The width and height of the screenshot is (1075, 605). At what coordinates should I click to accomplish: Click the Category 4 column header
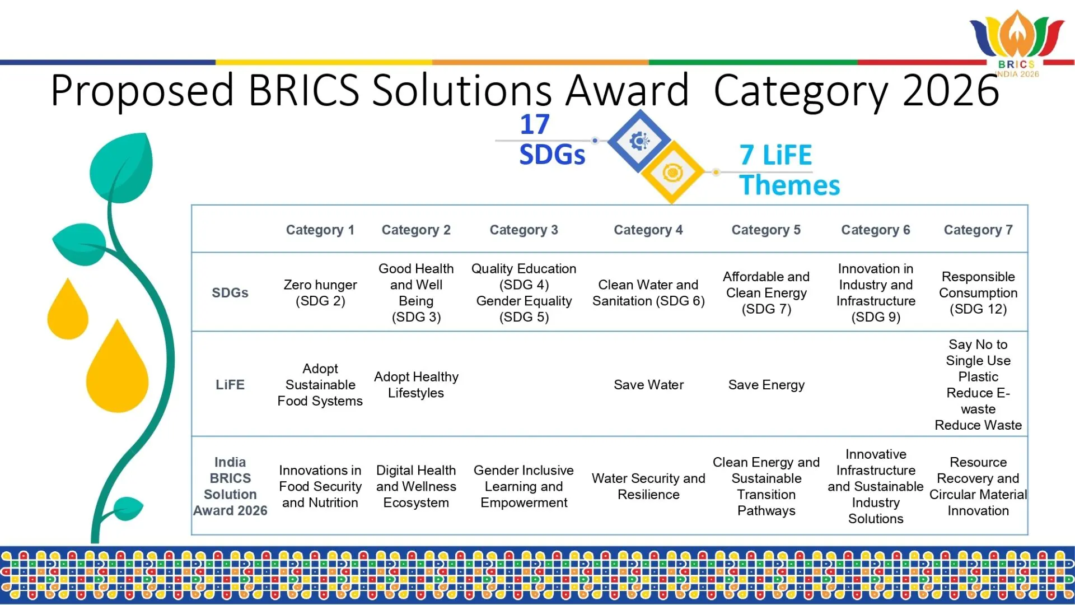(x=648, y=230)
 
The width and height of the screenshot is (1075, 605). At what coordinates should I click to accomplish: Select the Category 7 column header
(x=978, y=230)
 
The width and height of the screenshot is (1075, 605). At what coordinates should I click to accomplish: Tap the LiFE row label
(x=230, y=385)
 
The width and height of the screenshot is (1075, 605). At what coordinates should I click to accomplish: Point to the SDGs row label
(x=230, y=292)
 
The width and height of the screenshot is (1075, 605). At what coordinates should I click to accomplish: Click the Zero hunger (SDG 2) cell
(x=320, y=293)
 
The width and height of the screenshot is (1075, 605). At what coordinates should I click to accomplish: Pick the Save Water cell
(x=648, y=385)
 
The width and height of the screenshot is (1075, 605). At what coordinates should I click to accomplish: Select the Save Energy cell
(x=766, y=385)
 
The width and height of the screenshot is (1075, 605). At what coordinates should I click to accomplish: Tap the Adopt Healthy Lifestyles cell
(x=416, y=385)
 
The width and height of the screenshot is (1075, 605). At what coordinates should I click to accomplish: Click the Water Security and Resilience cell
(x=648, y=486)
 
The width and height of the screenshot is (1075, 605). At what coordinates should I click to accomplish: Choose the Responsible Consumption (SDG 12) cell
(x=978, y=293)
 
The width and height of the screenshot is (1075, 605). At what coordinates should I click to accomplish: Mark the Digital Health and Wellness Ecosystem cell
(x=416, y=486)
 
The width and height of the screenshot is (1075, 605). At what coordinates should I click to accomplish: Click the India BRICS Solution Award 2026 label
(x=230, y=486)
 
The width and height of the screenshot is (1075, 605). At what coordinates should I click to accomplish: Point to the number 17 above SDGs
(x=535, y=124)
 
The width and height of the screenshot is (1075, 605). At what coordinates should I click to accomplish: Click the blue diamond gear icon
(x=639, y=141)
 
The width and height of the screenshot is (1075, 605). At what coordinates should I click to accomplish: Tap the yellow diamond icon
(x=672, y=173)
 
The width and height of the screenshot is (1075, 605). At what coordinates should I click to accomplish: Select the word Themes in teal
(x=789, y=185)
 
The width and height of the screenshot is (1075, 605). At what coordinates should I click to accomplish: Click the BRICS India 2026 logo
(x=1017, y=44)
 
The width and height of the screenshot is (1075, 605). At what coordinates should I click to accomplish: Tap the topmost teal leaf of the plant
(x=123, y=167)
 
